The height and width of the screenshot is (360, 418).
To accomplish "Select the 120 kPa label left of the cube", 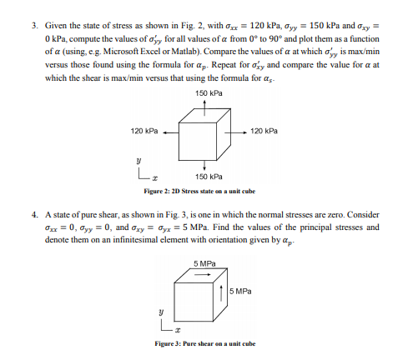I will (x=144, y=131).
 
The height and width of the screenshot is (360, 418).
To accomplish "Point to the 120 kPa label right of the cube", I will (x=264, y=131).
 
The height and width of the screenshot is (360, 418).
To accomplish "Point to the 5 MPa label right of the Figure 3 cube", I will (x=240, y=291).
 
